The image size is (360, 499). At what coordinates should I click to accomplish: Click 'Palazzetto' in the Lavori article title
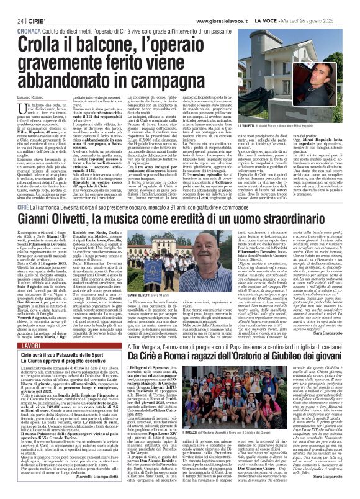tap(76, 354)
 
